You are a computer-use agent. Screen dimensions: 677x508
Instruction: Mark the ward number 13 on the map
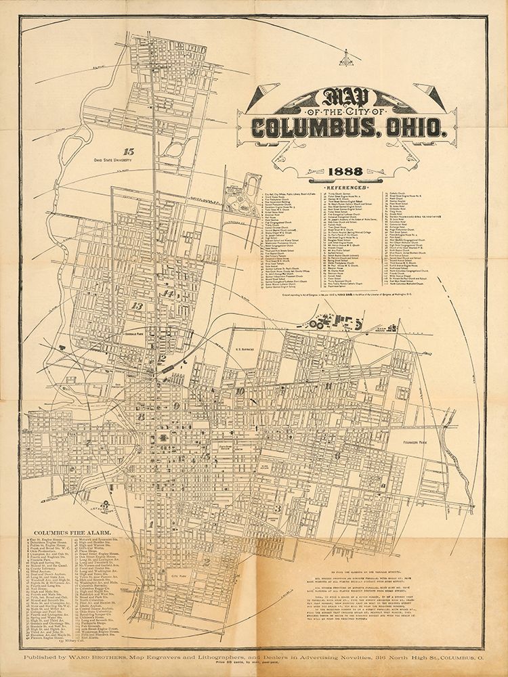point(139,306)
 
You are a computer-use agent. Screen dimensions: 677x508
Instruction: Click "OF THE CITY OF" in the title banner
point(347,111)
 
